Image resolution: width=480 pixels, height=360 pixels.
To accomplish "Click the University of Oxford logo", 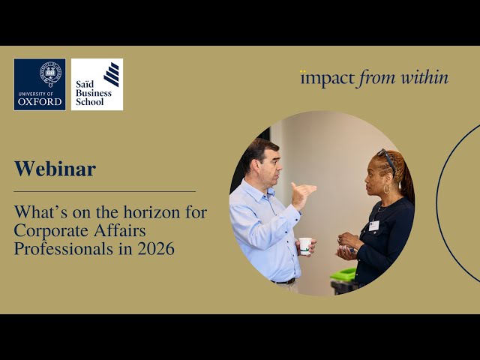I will click(x=39, y=85).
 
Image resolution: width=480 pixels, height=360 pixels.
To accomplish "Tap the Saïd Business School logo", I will click(x=97, y=85).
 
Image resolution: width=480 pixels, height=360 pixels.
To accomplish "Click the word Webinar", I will click(x=55, y=169).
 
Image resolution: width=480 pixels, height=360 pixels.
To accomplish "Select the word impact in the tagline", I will click(x=328, y=78).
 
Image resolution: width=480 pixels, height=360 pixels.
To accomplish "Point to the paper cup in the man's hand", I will click(x=305, y=246).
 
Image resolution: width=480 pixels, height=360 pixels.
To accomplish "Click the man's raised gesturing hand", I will click(x=301, y=193).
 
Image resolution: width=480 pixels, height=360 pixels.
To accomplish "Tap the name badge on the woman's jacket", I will click(x=373, y=225).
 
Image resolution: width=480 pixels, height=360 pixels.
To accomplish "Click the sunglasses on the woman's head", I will click(x=387, y=158).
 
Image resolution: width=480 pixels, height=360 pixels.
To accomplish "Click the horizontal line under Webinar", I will click(x=104, y=191).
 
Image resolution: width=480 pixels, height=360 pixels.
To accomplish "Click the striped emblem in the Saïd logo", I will click(x=111, y=74).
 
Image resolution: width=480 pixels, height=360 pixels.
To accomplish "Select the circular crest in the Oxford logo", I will click(x=50, y=73).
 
